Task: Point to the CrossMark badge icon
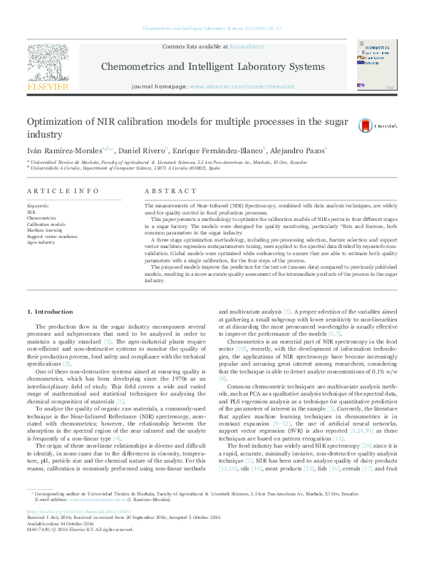pyautogui.click(x=366, y=125)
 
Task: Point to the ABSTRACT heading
pyautogui.click(x=170, y=191)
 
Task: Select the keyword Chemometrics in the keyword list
pyautogui.click(x=41, y=218)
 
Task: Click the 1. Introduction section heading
pyautogui.click(x=49, y=312)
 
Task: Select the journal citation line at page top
pyautogui.click(x=212, y=28)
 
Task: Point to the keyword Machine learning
pyautogui.click(x=45, y=230)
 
